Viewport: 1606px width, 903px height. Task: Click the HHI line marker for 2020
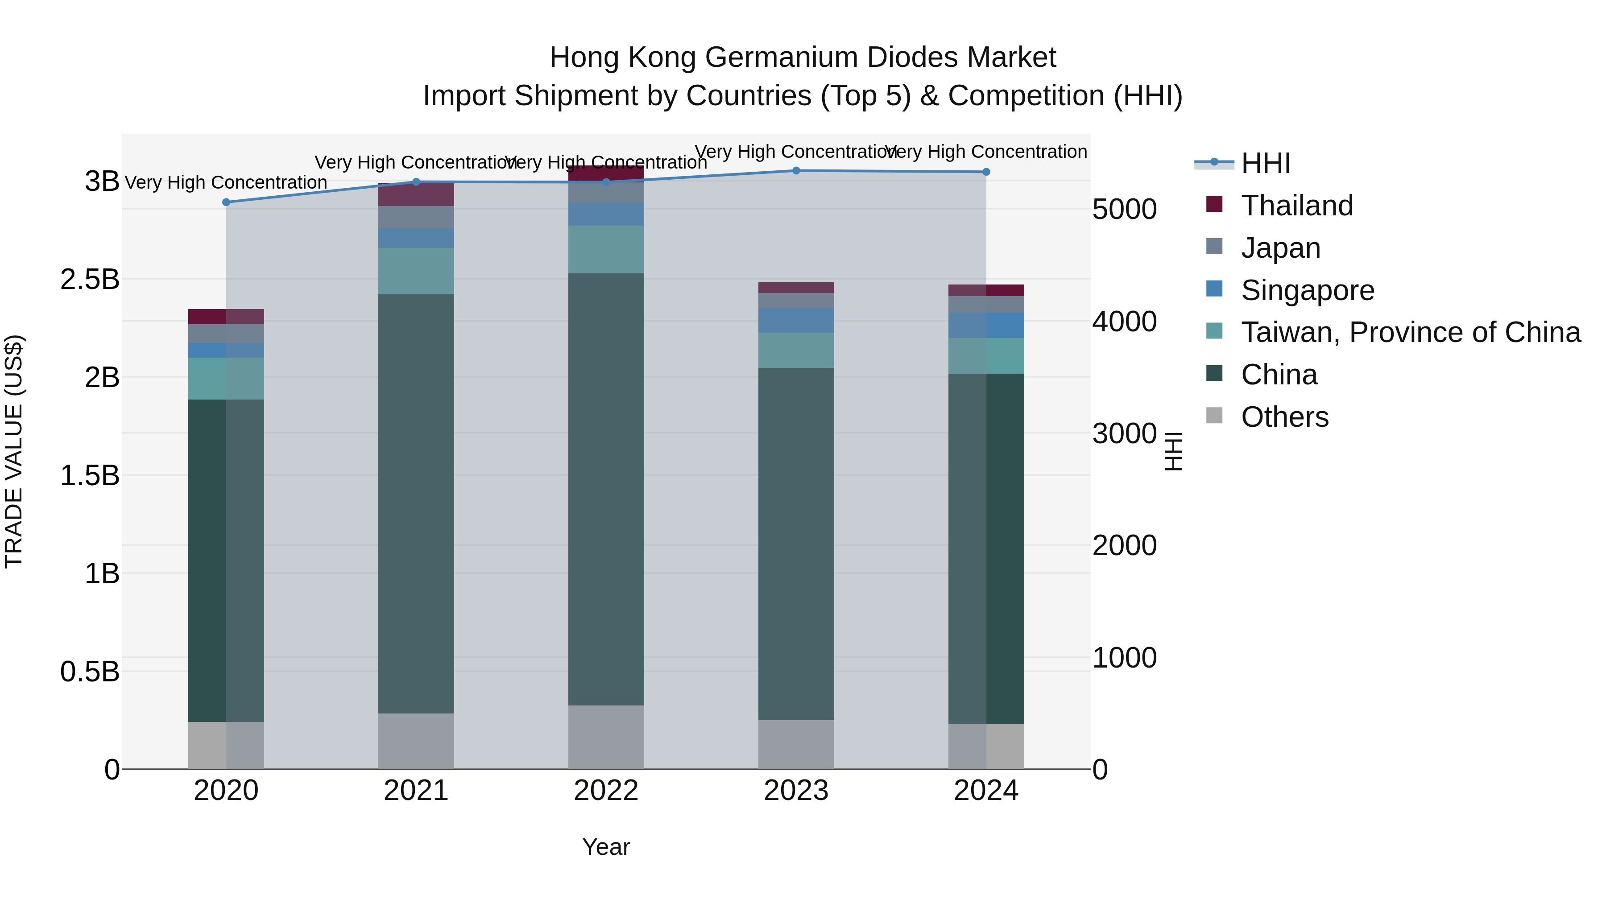coord(226,202)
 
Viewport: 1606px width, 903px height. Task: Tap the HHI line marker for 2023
coord(796,171)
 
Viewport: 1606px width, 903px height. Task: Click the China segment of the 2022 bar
coord(606,489)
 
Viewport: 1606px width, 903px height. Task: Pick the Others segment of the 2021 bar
coord(416,741)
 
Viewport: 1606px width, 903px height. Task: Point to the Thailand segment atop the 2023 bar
coord(796,287)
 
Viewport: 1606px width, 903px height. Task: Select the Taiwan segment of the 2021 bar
coord(416,271)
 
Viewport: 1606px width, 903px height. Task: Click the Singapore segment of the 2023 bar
coord(796,320)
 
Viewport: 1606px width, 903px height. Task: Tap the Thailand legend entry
coord(1297,206)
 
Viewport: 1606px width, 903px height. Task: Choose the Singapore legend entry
coord(1308,290)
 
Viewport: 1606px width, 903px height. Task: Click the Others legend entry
coord(1284,417)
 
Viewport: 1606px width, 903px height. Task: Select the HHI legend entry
coord(1266,163)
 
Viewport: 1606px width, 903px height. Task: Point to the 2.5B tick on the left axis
coord(90,279)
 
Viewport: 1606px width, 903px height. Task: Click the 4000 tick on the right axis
coord(1124,322)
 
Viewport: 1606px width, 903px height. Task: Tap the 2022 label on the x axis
coord(606,791)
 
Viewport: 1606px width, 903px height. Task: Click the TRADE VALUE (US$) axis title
coord(14,451)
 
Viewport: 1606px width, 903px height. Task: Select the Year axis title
coord(606,847)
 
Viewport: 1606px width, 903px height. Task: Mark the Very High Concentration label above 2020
coord(226,182)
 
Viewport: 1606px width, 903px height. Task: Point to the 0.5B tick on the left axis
coord(90,672)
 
